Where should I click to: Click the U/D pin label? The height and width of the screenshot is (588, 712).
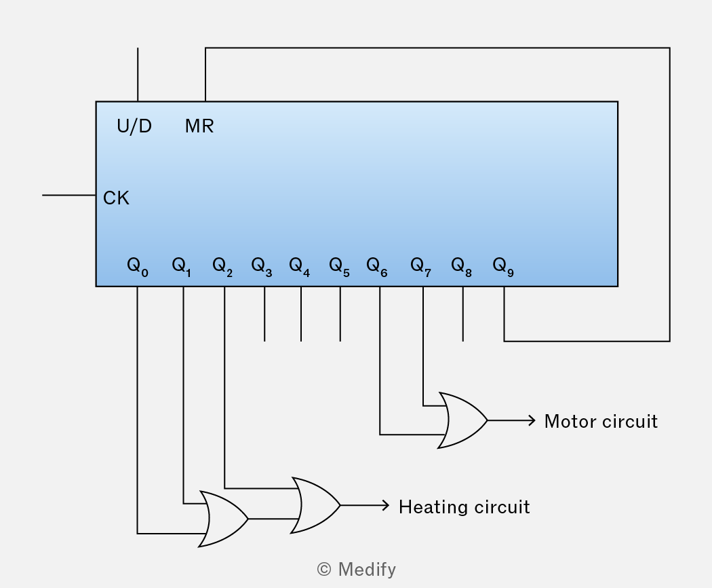coord(134,126)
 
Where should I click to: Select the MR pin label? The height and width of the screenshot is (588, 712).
coord(199,126)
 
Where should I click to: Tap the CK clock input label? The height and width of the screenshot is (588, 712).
coord(116,198)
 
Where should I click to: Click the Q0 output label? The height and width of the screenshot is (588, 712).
coord(138,267)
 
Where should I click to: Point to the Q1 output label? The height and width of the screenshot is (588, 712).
coord(182,267)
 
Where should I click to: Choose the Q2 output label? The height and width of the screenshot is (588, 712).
coord(222,267)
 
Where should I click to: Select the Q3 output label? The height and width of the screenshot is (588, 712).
coord(262,267)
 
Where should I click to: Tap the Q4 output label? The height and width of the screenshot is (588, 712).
coord(300,267)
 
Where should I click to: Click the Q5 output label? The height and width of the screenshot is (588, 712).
coord(339,267)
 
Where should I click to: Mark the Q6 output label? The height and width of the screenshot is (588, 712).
coord(377,267)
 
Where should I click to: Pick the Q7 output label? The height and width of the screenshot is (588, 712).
coord(420,267)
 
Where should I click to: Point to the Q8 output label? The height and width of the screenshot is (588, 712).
coord(461,267)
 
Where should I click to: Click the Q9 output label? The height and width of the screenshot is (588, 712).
coord(503,267)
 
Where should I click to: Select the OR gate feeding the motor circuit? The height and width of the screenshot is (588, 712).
coord(462,420)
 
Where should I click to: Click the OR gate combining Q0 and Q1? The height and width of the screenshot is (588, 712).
coord(223,519)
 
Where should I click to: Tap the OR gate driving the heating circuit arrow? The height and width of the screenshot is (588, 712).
coord(315,504)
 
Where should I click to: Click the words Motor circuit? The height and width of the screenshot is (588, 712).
coord(601,422)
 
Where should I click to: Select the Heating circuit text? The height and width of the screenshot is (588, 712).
coord(464,507)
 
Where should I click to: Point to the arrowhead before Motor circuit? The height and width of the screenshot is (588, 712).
coord(532,420)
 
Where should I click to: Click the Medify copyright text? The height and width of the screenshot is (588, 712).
coord(357,570)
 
